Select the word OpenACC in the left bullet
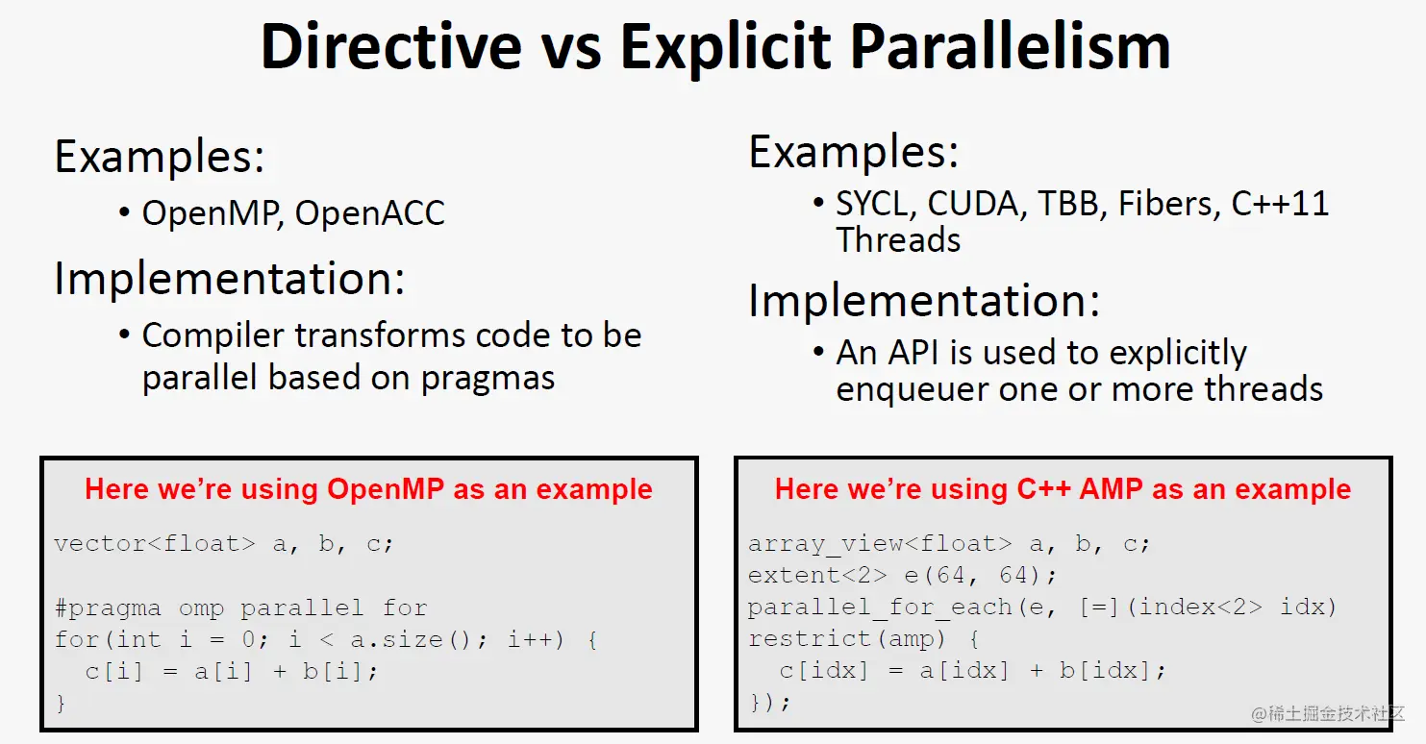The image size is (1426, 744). [369, 212]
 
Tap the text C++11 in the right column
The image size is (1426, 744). [1280, 204]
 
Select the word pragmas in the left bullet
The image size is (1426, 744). [488, 379]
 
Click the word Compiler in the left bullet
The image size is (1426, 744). [212, 336]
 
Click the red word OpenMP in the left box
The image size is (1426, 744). [386, 488]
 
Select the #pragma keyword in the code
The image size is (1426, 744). [108, 608]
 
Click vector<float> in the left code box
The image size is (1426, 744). [155, 543]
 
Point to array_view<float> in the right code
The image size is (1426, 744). [879, 544]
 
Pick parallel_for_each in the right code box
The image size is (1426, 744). [880, 608]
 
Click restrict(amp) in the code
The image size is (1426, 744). [847, 638]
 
